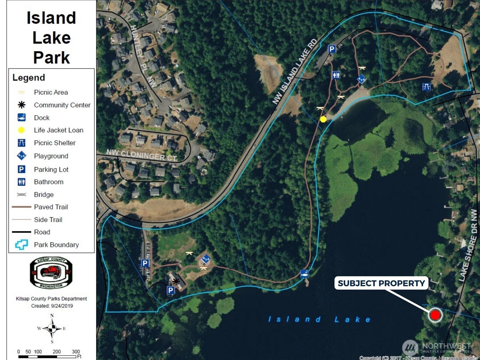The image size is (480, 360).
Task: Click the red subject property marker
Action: click(435, 315)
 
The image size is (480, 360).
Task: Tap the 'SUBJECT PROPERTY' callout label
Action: click(381, 283)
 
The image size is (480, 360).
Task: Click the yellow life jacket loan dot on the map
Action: click(323, 119)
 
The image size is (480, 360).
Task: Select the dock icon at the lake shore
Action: click(304, 273)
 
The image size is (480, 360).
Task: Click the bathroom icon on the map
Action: click(336, 75)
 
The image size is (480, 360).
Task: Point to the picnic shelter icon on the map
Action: click(426, 87)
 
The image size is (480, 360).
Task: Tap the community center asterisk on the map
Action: click(176, 281)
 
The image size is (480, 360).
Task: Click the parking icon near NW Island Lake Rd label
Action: click(331, 49)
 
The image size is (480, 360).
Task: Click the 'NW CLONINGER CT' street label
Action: click(142, 155)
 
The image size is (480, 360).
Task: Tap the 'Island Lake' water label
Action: click(319, 319)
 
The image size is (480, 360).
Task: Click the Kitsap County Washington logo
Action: click(51, 273)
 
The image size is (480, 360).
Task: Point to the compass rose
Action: click(52, 328)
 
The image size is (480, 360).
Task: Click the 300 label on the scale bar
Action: click(76, 351)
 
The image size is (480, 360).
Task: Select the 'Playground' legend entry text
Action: click(51, 156)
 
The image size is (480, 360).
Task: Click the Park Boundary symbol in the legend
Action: click(22, 244)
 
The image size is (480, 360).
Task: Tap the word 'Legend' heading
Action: click(29, 77)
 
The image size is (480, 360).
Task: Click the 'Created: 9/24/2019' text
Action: click(52, 306)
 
